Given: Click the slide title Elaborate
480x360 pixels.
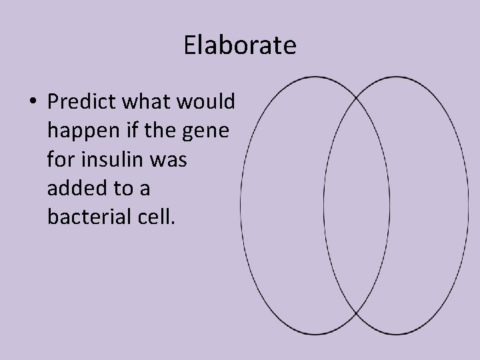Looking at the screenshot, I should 239,46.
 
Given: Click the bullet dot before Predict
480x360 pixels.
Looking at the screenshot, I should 33,103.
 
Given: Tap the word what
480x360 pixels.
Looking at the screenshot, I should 138,102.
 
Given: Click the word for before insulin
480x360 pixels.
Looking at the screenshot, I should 60,160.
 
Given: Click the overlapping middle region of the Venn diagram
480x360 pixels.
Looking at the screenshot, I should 357,205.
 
